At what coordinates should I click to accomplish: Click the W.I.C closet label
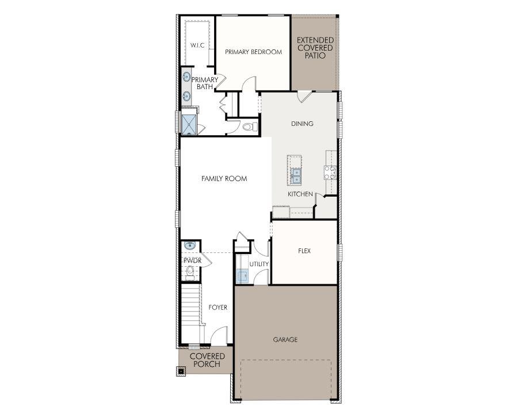tap(197, 45)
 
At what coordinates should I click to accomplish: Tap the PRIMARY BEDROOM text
tap(253, 52)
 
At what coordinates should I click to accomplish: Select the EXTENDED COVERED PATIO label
tap(315, 48)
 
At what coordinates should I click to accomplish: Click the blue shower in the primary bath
tap(189, 124)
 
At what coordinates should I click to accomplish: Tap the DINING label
tap(302, 124)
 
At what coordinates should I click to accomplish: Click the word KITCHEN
tap(300, 194)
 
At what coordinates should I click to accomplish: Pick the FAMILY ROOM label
tap(224, 179)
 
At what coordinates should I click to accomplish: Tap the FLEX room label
tap(304, 251)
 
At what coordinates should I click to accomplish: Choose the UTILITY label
tap(259, 264)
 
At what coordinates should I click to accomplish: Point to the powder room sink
tap(190, 246)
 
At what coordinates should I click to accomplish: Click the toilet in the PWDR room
tap(190, 271)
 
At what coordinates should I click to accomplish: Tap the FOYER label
tap(218, 308)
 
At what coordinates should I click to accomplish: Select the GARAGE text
tap(285, 340)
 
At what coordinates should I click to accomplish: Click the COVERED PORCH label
tap(207, 360)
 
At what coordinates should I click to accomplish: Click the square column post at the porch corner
tap(181, 371)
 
